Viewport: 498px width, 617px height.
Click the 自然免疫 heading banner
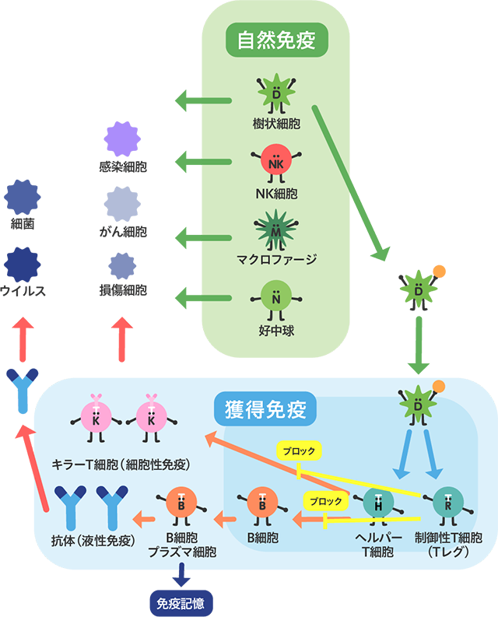coord(276,39)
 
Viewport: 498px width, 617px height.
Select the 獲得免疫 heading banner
coord(265,409)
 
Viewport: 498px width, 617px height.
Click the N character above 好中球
coord(276,298)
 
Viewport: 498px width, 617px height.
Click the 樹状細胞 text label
coord(276,124)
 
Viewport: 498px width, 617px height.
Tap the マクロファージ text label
coord(276,258)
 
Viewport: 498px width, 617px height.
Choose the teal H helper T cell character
coord(378,504)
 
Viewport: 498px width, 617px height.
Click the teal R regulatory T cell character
coord(447,504)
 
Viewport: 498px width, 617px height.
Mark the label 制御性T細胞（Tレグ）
coord(448,545)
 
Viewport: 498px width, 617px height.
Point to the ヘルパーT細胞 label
coord(379,545)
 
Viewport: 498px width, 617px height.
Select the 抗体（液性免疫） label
coord(88,538)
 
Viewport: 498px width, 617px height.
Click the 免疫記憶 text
coord(181,602)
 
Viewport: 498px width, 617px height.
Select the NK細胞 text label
coord(276,192)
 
